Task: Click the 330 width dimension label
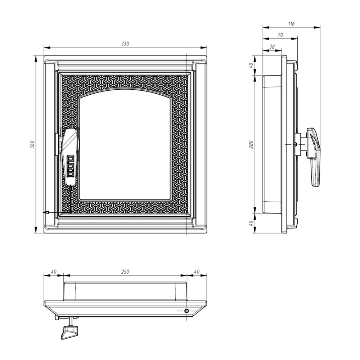tap(125, 44)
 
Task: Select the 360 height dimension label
tap(32, 144)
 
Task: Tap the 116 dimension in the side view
tap(291, 23)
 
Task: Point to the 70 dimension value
tap(280, 35)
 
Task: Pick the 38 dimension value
tap(272, 46)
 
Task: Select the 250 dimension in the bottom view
tap(125, 271)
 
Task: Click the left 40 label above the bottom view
tap(54, 271)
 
